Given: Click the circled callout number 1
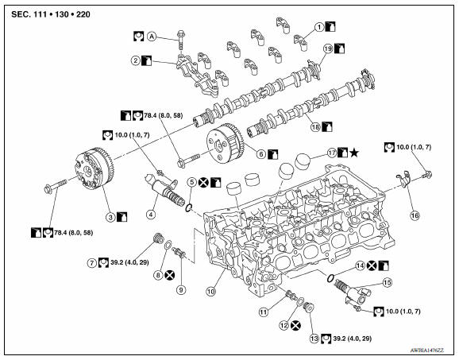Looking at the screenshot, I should (x=318, y=26).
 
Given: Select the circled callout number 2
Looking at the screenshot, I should (x=136, y=60).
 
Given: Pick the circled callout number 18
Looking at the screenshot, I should (x=316, y=126).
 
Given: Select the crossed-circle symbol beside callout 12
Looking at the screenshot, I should (x=295, y=324).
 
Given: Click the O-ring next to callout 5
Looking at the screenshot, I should (x=186, y=208).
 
